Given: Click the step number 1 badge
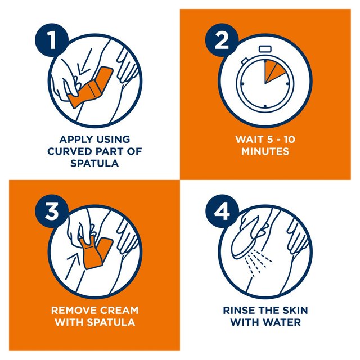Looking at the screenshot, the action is [52, 40].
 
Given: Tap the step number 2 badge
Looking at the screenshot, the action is [222, 40].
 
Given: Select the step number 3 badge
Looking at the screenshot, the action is [52, 211].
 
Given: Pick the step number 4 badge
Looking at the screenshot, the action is [222, 211].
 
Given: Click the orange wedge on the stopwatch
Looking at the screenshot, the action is [273, 70].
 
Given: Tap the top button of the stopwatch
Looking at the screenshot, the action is [265, 49].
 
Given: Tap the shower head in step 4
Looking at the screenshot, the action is [246, 238].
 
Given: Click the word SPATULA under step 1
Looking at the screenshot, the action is [94, 163].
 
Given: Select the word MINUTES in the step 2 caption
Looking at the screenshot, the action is [265, 151].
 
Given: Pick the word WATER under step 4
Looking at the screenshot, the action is [282, 322].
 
